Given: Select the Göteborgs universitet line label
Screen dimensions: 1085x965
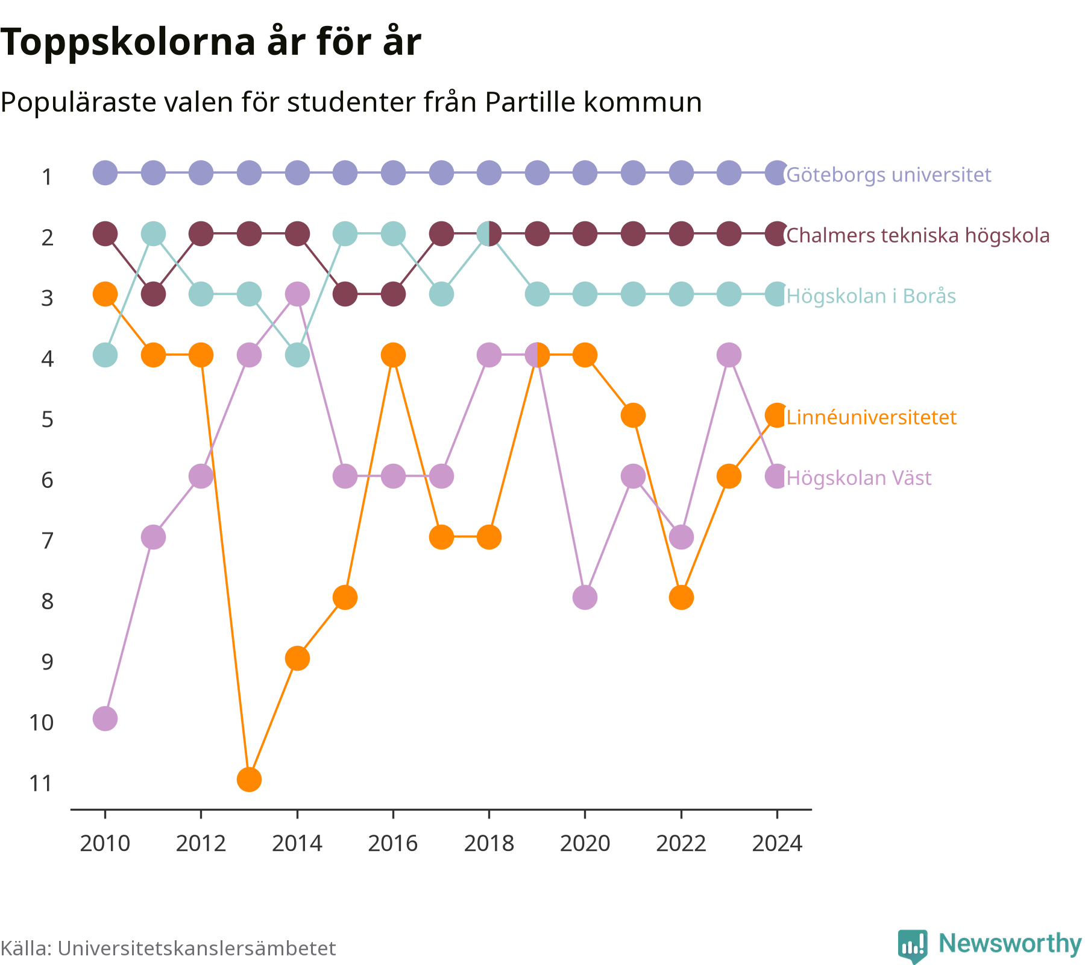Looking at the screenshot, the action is pos(888,175).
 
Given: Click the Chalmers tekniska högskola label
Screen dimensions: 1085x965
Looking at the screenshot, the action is pos(918,235).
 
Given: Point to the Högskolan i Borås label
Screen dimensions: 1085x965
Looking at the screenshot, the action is pos(871,296).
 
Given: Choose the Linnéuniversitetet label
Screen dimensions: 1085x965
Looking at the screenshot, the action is pos(872,417).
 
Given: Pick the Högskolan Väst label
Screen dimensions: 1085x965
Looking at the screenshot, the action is pos(859,478).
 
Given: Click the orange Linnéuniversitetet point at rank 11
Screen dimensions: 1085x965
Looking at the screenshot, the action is pos(249,779).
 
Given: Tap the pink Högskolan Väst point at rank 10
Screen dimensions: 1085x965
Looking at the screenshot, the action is pos(105,718).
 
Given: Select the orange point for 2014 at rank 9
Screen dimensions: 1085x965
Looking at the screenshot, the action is pos(297,658).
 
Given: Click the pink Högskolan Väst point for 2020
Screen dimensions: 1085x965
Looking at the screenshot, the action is pos(585,597).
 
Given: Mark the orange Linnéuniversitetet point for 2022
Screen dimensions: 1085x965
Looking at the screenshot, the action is pos(681,597).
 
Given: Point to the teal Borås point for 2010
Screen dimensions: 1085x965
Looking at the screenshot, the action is pos(105,355).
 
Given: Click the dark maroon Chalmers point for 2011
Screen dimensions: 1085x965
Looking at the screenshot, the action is pos(153,294).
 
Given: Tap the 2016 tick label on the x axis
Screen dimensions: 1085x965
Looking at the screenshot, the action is pos(393,843).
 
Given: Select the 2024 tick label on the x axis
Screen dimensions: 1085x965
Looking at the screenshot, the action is pos(777,843).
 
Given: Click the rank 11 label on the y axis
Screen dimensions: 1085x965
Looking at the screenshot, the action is pos(41,783).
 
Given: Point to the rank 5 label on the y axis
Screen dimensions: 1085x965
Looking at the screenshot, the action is pos(47,419).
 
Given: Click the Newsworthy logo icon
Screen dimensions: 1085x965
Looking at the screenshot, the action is pos(913,946).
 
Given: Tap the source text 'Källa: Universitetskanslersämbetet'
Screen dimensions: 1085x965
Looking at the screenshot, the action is pos(168,948).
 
